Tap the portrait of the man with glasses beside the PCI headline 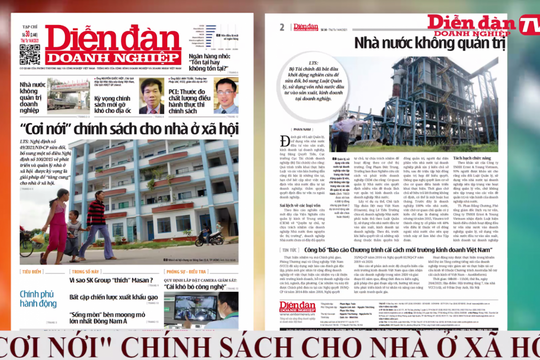pos(225,96)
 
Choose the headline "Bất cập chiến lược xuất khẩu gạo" pos(114,297)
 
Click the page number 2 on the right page pos(282,26)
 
